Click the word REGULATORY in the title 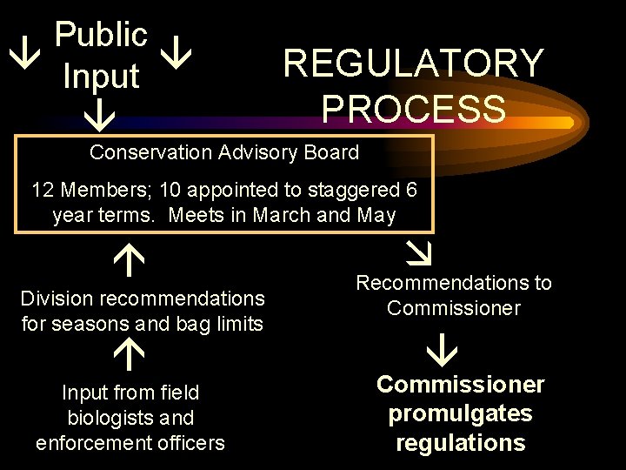click(413, 64)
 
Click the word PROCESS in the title click(413, 109)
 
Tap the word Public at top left click(101, 36)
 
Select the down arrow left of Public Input click(19, 57)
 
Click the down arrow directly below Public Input click(101, 112)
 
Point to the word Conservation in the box click(149, 152)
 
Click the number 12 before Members click(43, 190)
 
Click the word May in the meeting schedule click(376, 215)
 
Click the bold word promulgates click(460, 413)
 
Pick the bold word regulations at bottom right click(460, 442)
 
